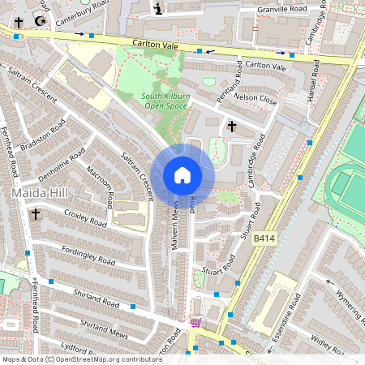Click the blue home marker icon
tap(182, 175)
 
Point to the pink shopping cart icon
tap(195, 323)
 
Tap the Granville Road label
tap(282, 10)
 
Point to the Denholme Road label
tap(52, 160)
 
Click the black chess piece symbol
tap(157, 9)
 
